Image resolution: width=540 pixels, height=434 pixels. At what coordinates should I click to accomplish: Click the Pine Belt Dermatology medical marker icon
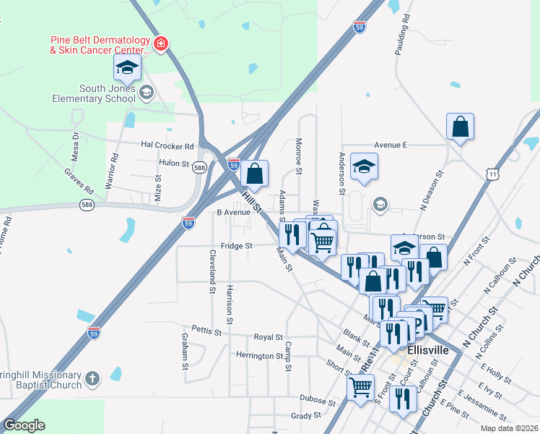click(x=161, y=46)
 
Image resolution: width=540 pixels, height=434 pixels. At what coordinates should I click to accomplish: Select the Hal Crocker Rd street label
click(x=168, y=145)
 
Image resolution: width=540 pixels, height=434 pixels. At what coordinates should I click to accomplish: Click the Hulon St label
click(x=173, y=163)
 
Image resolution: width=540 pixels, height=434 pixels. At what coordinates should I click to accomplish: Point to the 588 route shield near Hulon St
click(x=200, y=168)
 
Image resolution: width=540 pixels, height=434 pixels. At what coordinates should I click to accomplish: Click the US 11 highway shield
click(x=492, y=174)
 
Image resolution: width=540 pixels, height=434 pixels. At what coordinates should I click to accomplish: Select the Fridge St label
click(x=237, y=246)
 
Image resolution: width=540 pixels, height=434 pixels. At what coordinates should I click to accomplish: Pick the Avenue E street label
click(x=391, y=145)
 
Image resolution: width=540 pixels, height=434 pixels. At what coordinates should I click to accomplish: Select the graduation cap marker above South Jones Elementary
click(x=127, y=68)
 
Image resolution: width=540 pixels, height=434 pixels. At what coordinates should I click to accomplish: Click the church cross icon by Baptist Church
click(x=92, y=378)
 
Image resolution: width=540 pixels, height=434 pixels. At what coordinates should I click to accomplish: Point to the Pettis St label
click(x=206, y=331)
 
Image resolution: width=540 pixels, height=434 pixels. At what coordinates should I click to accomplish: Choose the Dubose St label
click(x=318, y=400)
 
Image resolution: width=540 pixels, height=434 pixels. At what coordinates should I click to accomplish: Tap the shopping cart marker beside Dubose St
click(x=360, y=386)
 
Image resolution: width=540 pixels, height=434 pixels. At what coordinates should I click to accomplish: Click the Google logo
click(x=23, y=425)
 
